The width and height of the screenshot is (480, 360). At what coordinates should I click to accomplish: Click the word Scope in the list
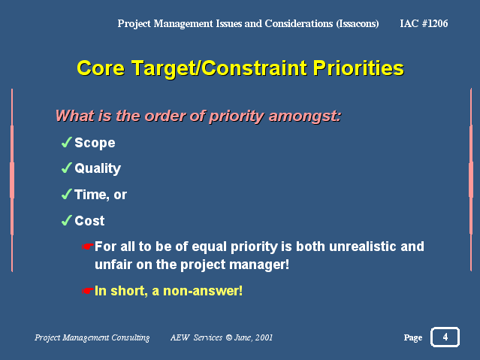pos(95,143)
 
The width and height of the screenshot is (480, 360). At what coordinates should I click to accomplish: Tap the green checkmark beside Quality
pos(66,168)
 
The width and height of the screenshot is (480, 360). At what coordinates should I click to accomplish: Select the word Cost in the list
pos(89,221)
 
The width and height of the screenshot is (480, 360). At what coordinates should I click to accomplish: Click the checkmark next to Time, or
pos(66,194)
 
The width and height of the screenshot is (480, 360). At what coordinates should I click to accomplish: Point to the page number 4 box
pos(445,337)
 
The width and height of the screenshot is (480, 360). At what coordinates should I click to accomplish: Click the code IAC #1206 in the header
pos(424,23)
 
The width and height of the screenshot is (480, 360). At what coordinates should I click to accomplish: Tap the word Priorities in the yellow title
pos(358,68)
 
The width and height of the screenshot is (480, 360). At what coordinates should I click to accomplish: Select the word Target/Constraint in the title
pos(219,68)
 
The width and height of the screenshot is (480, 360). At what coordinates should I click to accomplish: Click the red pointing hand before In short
pos(87,291)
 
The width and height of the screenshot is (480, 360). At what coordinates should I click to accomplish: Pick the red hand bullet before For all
pos(87,247)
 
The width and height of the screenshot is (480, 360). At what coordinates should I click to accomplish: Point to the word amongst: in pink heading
pos(304,116)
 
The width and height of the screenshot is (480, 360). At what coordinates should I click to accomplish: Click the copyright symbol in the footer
pos(228,337)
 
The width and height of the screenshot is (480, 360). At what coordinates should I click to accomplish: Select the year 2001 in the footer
pos(264,337)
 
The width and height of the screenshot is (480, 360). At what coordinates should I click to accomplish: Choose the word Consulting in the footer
pos(131,337)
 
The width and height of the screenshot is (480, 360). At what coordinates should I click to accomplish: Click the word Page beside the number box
pos(413,337)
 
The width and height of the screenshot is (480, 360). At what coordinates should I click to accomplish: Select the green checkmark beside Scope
pos(66,142)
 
